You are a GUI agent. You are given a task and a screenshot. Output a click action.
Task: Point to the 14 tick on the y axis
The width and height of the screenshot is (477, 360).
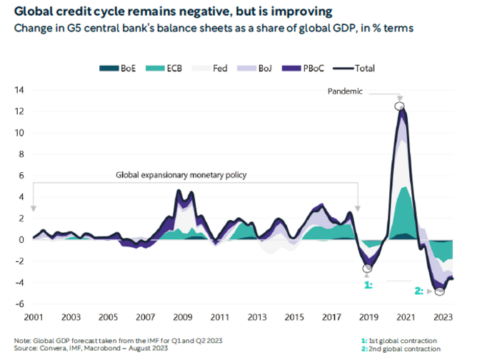(x=20, y=90)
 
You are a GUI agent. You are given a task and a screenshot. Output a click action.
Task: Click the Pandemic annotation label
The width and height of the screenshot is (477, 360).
(x=346, y=92)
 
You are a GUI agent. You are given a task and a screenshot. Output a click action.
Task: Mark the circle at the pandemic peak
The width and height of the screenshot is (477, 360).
(x=399, y=106)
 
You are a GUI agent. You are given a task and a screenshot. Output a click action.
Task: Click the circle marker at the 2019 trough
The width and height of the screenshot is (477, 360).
(x=368, y=269)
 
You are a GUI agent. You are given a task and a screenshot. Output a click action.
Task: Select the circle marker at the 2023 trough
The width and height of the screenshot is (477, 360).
(x=439, y=291)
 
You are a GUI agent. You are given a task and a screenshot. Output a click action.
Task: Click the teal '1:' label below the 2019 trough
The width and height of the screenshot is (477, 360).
(x=368, y=284)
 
